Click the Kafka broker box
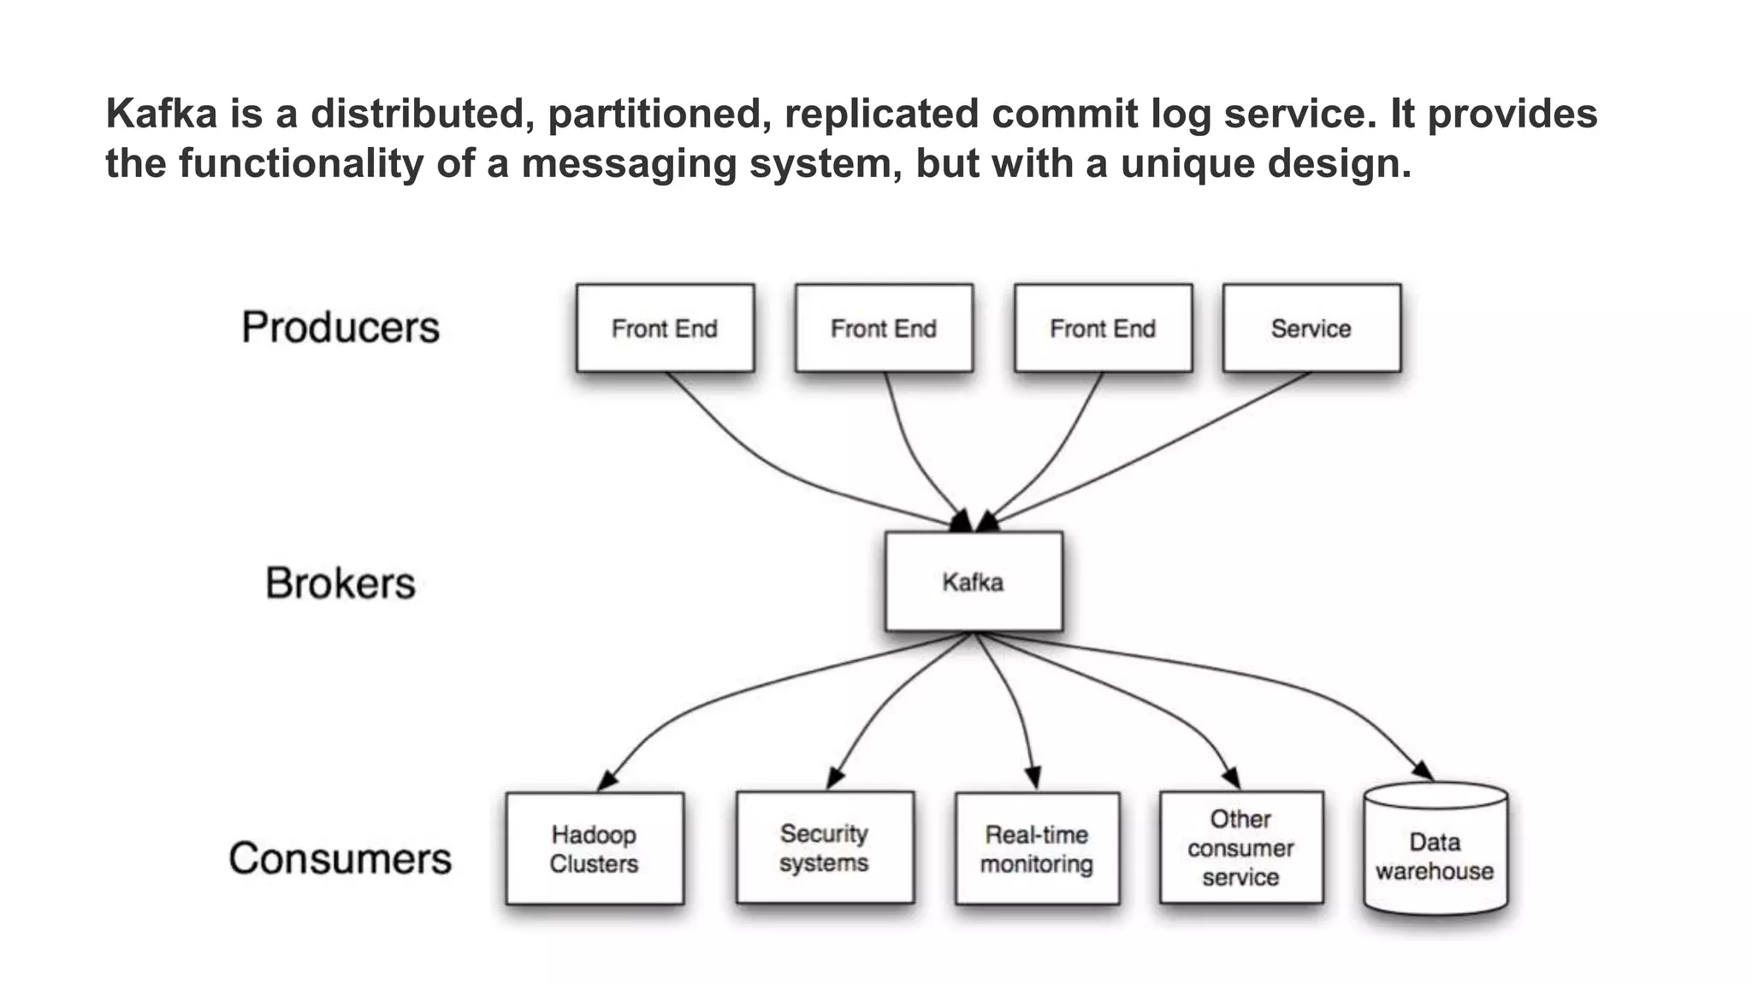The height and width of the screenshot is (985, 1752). tap(974, 581)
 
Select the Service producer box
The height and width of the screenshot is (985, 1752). tap(1311, 328)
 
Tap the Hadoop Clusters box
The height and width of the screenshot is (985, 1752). tap(595, 848)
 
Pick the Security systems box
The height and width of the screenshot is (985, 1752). tap(825, 847)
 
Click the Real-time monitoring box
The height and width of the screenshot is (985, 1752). tap(1037, 848)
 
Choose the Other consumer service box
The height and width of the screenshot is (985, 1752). tap(1241, 847)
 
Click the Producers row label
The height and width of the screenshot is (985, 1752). tap(340, 327)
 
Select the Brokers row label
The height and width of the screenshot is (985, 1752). tap(340, 583)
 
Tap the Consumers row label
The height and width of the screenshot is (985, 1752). tap(340, 858)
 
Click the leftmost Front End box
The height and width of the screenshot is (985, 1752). tap(665, 328)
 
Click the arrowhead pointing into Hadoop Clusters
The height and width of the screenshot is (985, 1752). tap(607, 780)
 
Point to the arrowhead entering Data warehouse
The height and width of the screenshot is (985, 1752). tap(1423, 770)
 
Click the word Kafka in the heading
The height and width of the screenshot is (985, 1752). tap(162, 114)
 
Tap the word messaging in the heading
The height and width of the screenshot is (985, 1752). tap(629, 163)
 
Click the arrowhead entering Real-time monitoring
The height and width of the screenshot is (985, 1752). tap(1033, 777)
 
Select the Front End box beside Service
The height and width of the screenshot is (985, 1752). tap(1103, 328)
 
